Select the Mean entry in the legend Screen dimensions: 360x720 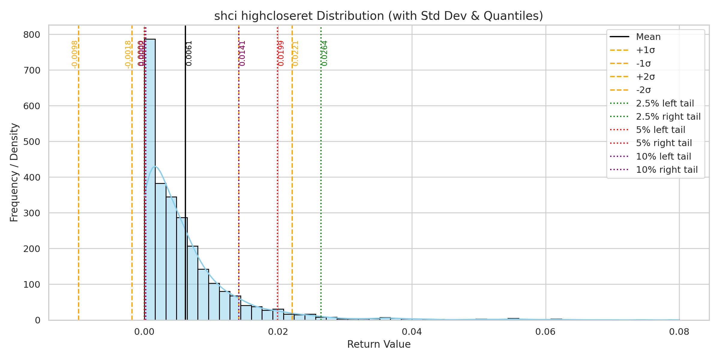coord(648,37)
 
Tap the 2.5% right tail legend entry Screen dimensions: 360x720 coord(668,117)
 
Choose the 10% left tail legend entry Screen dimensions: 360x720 coord(663,157)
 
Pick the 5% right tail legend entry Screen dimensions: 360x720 coord(664,143)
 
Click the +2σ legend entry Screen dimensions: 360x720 coord(645,77)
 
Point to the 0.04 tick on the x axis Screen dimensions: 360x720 coord(412,332)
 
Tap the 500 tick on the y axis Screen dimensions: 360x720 coord(31,142)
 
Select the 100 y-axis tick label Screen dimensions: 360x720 coord(31,284)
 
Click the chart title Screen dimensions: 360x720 coord(379,16)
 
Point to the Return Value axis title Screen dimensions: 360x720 coord(379,344)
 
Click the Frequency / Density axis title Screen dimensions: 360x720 coord(14,172)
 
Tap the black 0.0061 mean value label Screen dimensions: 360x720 coord(189,53)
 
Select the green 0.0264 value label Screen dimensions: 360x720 coord(325,53)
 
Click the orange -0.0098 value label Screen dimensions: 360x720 coord(75,54)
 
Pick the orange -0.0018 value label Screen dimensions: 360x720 coord(128,54)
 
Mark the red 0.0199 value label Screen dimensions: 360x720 coord(281,53)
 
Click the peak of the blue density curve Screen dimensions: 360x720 coord(155,166)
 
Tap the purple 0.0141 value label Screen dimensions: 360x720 coord(242,53)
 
